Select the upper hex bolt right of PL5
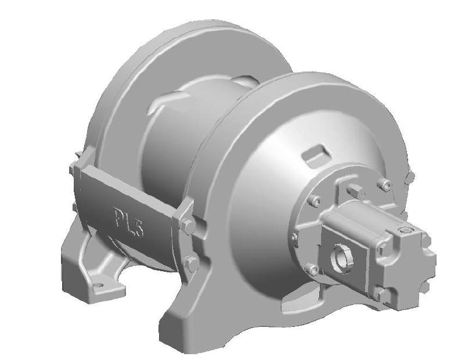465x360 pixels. pyautogui.click(x=187, y=227)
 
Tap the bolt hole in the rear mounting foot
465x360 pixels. pyautogui.click(x=98, y=286)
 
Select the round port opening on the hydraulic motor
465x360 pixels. pyautogui.click(x=339, y=255)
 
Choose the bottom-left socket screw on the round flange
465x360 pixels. pyautogui.click(x=312, y=271)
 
